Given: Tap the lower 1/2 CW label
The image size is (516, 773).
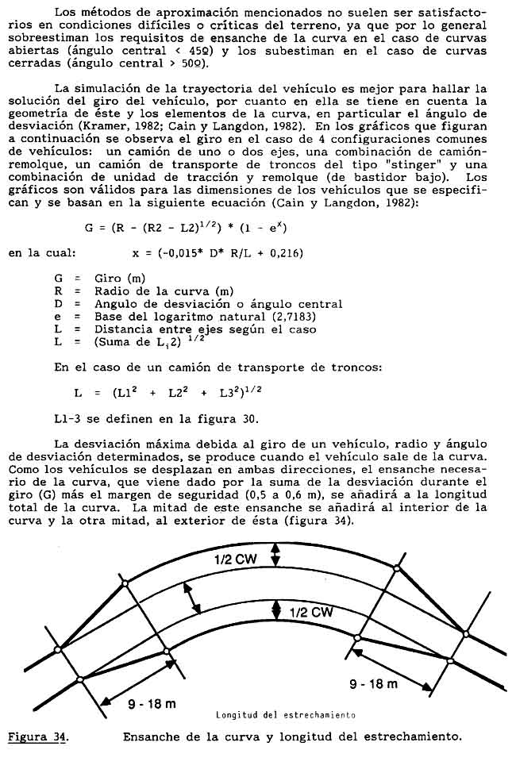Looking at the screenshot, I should [x=310, y=612].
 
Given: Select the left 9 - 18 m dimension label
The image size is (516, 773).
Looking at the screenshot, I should [x=152, y=704].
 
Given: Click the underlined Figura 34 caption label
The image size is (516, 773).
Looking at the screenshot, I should [x=37, y=736].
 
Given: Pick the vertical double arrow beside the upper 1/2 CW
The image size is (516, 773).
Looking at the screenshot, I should [x=275, y=555].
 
